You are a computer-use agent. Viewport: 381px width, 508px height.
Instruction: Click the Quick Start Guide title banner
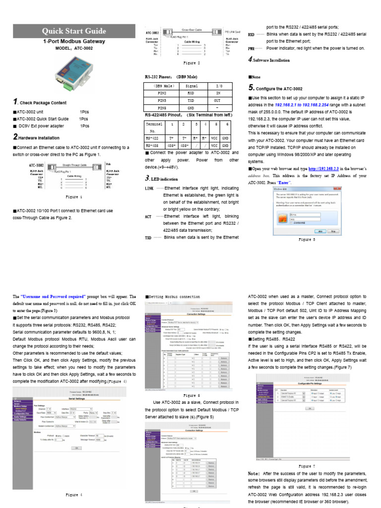[73, 31]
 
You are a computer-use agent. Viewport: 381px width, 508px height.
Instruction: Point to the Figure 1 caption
[73, 197]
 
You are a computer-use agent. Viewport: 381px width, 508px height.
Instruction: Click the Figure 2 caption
[191, 63]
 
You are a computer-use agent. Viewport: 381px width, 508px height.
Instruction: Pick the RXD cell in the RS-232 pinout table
[191, 93]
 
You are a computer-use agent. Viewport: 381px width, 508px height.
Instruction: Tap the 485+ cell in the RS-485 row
[172, 146]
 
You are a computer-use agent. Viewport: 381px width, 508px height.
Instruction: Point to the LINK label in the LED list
[149, 189]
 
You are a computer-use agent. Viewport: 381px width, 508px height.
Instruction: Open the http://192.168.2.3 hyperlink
[325, 169]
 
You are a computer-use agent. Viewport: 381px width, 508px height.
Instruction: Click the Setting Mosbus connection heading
[173, 297]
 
